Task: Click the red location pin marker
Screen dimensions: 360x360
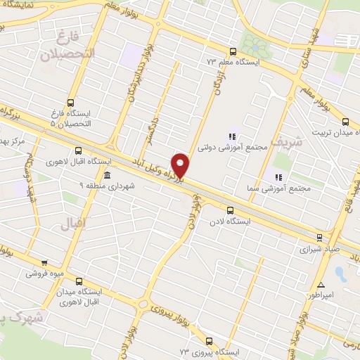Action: tap(181, 165)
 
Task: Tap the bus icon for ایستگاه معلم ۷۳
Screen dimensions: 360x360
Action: tap(233, 51)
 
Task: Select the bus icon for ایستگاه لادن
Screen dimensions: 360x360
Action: tap(230, 210)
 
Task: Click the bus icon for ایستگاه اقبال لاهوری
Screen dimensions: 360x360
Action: tap(77, 150)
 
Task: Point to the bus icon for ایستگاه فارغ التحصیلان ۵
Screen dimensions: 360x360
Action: tap(70, 102)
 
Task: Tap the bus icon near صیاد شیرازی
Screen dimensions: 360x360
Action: tap(319, 237)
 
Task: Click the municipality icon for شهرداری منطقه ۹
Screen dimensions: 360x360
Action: tap(106, 174)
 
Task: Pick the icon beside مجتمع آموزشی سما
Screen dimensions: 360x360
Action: tap(278, 177)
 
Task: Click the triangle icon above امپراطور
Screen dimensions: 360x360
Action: tap(321, 285)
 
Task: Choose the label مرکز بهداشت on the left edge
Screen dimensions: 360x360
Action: tap(13, 141)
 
